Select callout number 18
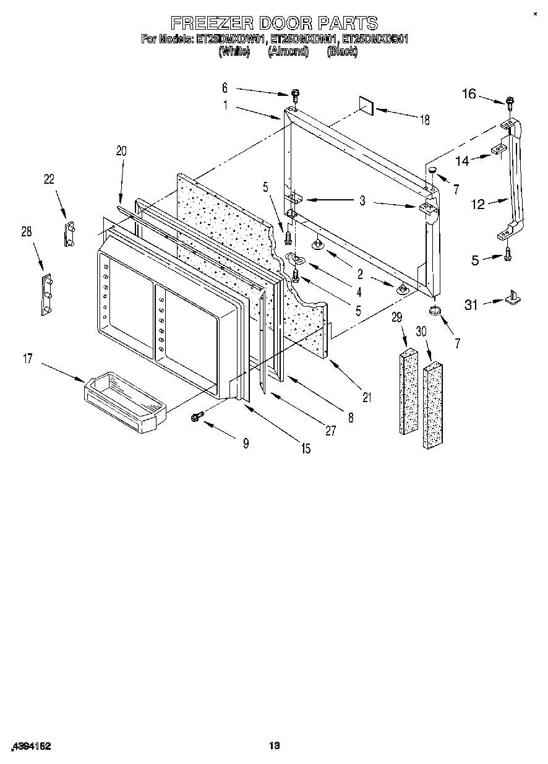pos(425,121)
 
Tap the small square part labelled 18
pos(367,106)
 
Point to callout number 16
pos(469,93)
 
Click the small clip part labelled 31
pos(513,298)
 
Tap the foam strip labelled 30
pos(433,406)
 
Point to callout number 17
pos(28,358)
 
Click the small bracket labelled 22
pos(69,234)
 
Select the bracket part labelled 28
pos(46,294)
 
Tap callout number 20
pos(121,150)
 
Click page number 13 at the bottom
pos(275,746)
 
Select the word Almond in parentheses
pos(288,52)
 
